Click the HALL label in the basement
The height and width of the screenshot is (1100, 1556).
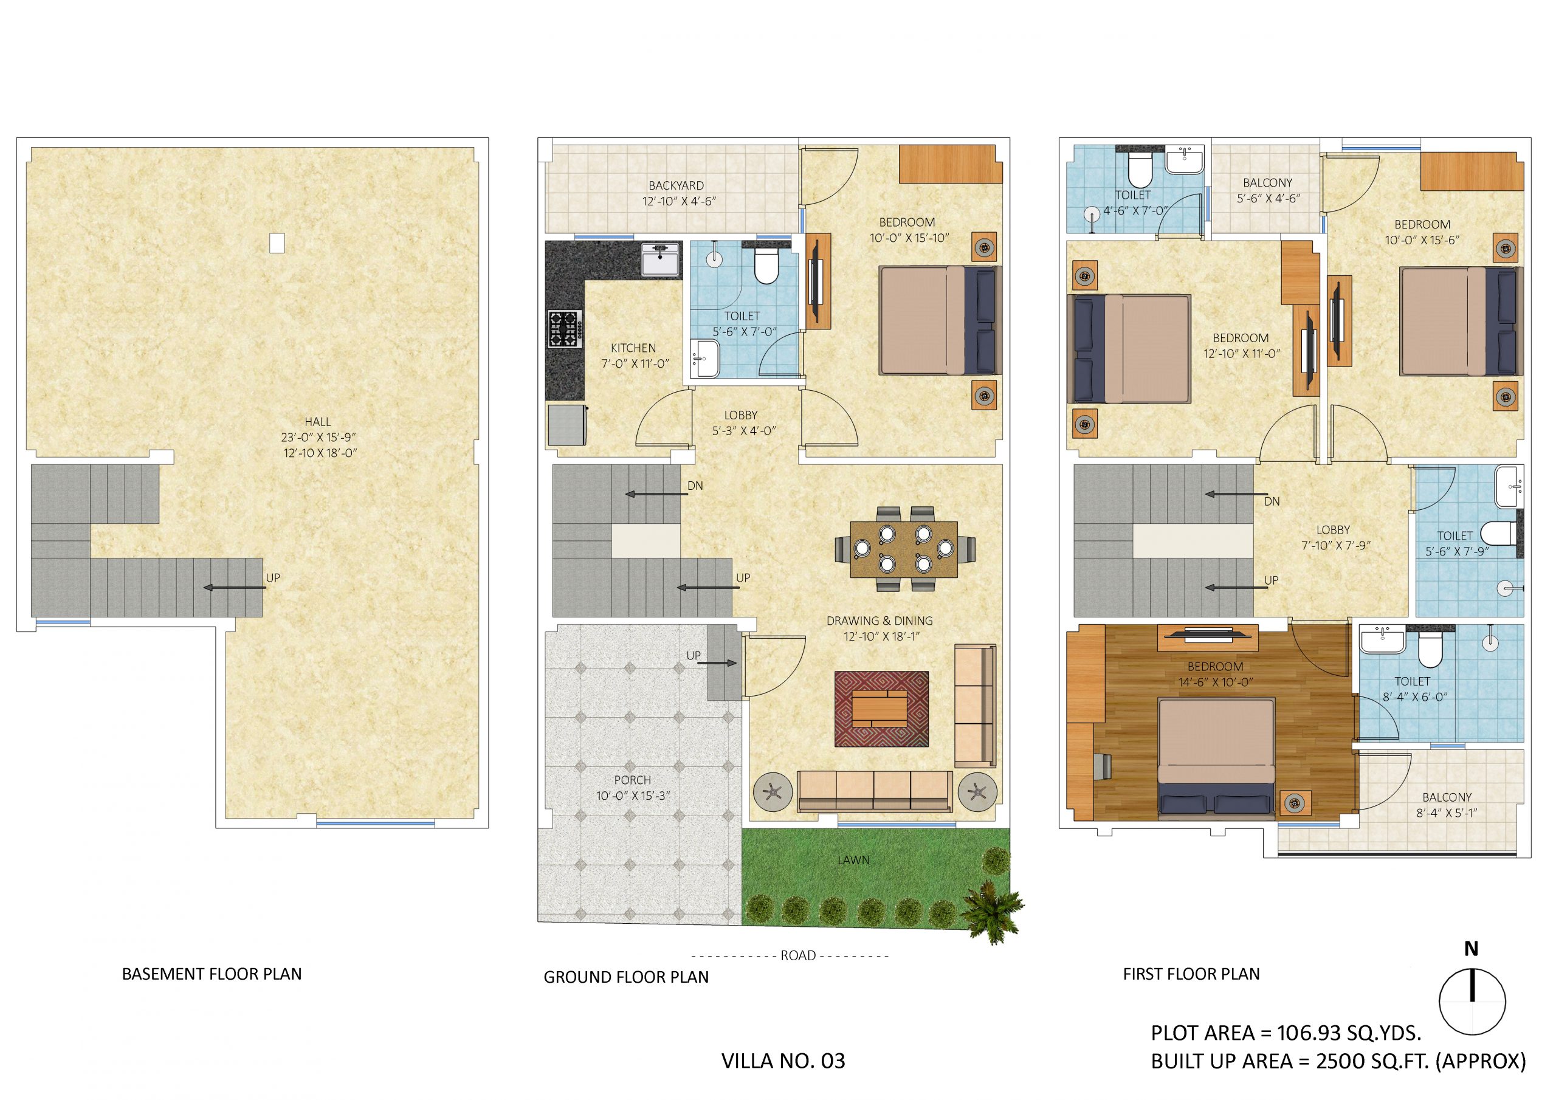click(x=317, y=422)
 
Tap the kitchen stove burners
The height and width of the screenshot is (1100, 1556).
click(x=565, y=329)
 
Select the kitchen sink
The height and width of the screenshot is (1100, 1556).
click(x=661, y=260)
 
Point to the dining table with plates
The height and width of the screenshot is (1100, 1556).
click(x=904, y=548)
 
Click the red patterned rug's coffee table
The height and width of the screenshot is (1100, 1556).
click(x=880, y=708)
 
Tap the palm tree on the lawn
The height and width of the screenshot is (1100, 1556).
click(x=994, y=911)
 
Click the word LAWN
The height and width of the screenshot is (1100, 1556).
click(x=853, y=860)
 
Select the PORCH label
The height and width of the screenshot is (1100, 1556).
click(x=632, y=780)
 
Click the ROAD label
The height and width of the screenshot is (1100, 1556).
click(x=797, y=955)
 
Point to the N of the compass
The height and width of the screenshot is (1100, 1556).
click(x=1472, y=949)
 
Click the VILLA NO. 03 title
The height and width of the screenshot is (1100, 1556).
click(x=783, y=1060)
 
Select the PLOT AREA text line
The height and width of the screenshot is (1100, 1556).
click(x=1286, y=1033)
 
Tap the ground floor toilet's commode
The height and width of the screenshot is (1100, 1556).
click(x=766, y=266)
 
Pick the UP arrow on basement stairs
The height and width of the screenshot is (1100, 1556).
click(x=235, y=588)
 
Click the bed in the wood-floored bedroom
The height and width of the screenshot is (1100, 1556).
click(x=1216, y=757)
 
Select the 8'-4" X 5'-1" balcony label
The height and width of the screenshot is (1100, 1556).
click(x=1446, y=813)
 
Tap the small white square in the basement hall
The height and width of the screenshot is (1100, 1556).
click(x=277, y=243)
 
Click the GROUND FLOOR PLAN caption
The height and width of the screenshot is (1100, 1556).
click(x=625, y=977)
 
